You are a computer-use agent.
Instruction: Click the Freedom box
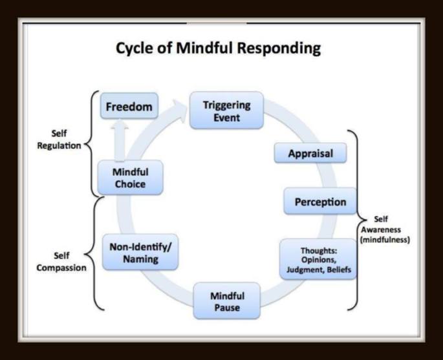coord(130,107)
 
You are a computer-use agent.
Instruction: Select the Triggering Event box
coord(226,111)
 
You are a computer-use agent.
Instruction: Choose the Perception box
coord(320,202)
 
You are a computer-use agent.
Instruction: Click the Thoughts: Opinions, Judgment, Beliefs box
coord(317,259)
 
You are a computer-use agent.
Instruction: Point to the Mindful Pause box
coord(227,301)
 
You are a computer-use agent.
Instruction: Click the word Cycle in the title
coord(133,48)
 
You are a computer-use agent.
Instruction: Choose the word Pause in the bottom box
coord(227,308)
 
